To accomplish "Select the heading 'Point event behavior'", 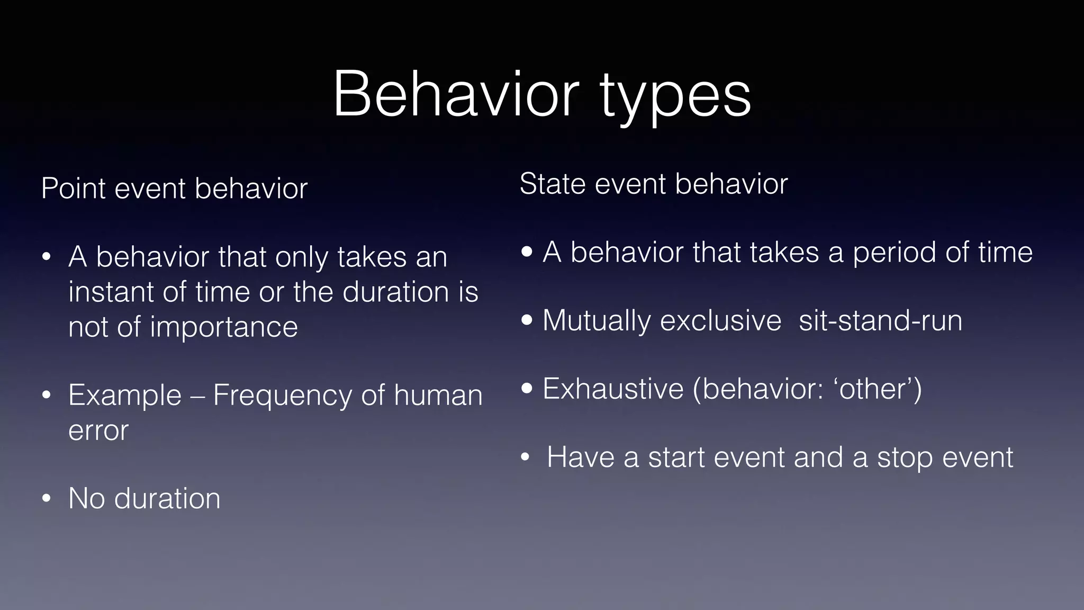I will coord(174,189).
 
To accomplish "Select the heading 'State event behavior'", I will coord(653,184).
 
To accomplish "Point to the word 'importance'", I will coord(223,327).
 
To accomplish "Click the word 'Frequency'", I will coord(282,395).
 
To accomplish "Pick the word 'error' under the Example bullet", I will coord(98,430).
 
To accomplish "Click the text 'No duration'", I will coord(144,498).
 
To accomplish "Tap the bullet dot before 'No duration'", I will coord(47,499).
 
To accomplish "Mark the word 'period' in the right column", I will coord(895,252).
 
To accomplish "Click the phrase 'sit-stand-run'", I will coord(880,320).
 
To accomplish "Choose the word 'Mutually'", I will coord(597,321).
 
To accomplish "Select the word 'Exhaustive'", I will coord(613,389).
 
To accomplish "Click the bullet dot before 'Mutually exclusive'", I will coord(527,320).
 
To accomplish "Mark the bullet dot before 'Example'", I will coord(47,396).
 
